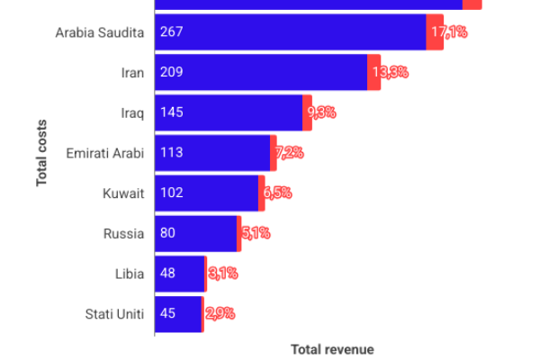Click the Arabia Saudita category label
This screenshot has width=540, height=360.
pos(99,32)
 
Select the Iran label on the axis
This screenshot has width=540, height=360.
pos(131,72)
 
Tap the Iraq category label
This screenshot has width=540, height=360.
pos(131,112)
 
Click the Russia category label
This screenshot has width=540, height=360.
pos(123,233)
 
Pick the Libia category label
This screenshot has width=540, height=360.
pos(129,274)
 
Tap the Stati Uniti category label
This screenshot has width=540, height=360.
pos(113,314)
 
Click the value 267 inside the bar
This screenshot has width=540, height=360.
pos(171,32)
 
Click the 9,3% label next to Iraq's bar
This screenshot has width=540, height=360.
pos(321,112)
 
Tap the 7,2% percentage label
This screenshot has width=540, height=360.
pos(288,153)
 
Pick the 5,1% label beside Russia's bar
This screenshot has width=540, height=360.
pos(255,233)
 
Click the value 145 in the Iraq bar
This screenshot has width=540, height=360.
pos(171,112)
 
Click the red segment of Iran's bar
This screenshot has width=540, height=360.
pos(373,72)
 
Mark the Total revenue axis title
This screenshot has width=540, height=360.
pos(332,349)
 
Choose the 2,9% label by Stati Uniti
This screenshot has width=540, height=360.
pos(220,314)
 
